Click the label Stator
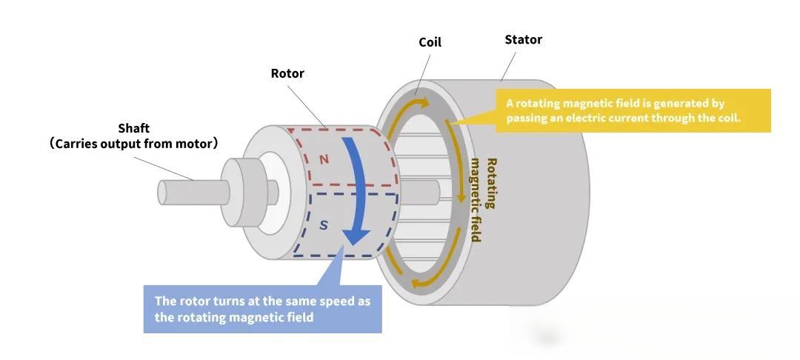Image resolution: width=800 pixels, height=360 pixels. click(523, 39)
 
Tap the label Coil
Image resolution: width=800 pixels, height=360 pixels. click(430, 42)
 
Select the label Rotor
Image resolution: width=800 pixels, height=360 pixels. click(287, 73)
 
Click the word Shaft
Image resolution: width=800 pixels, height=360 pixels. click(133, 128)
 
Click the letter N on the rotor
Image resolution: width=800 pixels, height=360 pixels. click(324, 159)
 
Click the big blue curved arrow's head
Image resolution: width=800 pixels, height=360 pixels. click(356, 236)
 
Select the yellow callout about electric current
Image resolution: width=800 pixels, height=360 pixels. click(633, 111)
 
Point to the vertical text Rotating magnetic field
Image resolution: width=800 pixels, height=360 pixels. click(484, 200)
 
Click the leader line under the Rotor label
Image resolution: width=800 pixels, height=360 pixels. click(305, 104)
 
